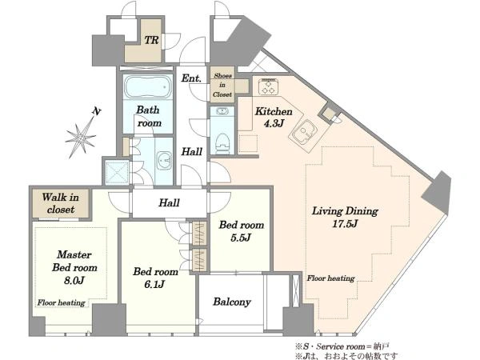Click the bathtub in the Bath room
click(147, 86)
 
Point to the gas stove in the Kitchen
click(268, 86)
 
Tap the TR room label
click(151, 40)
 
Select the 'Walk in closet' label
click(60, 203)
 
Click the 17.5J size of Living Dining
click(345, 224)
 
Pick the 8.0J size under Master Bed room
click(74, 281)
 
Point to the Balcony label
click(232, 302)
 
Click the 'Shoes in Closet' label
click(222, 85)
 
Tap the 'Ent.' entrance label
click(191, 78)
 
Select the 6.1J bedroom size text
click(154, 285)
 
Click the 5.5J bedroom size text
click(241, 238)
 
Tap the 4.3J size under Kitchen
click(274, 123)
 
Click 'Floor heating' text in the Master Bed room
click(62, 302)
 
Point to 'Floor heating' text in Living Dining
click(331, 278)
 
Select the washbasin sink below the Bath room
click(164, 161)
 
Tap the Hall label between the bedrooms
click(169, 202)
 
